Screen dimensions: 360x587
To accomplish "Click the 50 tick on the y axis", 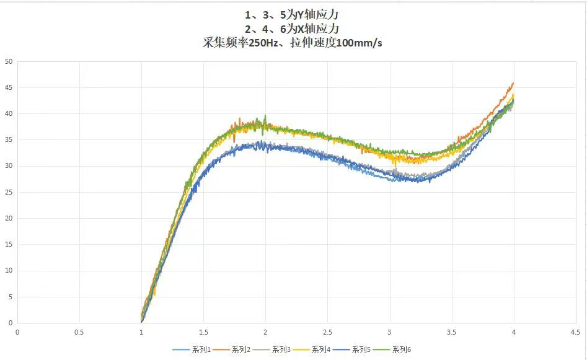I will pos(9,61).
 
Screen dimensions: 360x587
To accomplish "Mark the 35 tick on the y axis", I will pos(9,140).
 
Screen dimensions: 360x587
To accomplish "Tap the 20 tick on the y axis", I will pos(9,218).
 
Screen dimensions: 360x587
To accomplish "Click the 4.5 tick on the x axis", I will pos(575,332).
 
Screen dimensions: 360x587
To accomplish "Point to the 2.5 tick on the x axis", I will pos(327,332).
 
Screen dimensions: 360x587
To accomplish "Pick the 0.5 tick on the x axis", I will pos(79,332).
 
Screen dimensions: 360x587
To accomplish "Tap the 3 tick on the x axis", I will pos(389,332).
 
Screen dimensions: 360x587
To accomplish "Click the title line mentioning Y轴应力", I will pos(293,14).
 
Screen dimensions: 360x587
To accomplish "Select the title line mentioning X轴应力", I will pos(293,29).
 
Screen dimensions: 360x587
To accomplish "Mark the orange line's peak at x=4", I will pos(513,83).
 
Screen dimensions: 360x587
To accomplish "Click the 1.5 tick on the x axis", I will pos(203,332).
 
